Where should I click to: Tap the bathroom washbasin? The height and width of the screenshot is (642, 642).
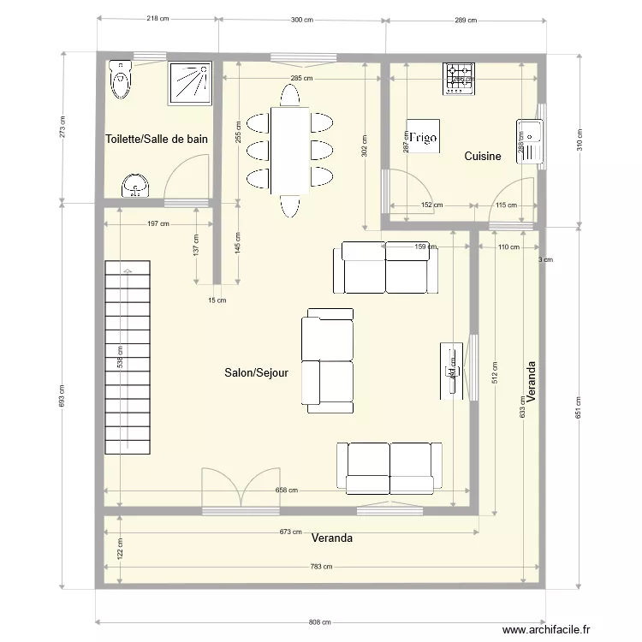tap(135, 185)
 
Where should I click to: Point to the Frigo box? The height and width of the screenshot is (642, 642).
tap(424, 137)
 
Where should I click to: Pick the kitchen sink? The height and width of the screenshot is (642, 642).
tap(528, 140)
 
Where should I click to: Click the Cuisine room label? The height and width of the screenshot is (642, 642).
tap(483, 157)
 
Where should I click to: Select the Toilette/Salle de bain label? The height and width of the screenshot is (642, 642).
tap(157, 138)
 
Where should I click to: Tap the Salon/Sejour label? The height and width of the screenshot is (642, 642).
tap(256, 372)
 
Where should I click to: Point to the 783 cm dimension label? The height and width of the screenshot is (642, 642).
tap(320, 567)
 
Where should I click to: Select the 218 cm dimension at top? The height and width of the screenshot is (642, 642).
tap(158, 19)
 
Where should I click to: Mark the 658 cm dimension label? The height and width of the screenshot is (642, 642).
tap(286, 490)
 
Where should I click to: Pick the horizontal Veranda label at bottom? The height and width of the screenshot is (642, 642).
tap(332, 538)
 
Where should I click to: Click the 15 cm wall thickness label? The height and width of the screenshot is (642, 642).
tap(217, 300)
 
